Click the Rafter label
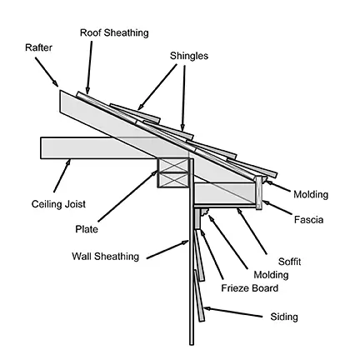[x=38, y=47]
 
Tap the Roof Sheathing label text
[x=114, y=32]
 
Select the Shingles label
[x=189, y=56]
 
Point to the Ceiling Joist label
[x=58, y=204]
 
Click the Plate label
[x=87, y=229]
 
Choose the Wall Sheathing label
[x=105, y=256]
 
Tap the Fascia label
[x=308, y=220]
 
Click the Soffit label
[x=289, y=262]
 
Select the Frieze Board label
[x=249, y=288]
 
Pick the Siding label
[x=284, y=317]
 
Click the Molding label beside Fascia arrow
[x=311, y=194]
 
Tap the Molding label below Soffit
[x=271, y=275]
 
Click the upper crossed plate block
[x=173, y=165]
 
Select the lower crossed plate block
[x=173, y=180]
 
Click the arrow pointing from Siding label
[x=232, y=312]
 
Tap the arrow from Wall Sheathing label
[x=167, y=249]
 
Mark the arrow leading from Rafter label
[x=47, y=72]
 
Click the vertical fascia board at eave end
[x=259, y=192]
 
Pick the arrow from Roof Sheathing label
[x=89, y=67]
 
